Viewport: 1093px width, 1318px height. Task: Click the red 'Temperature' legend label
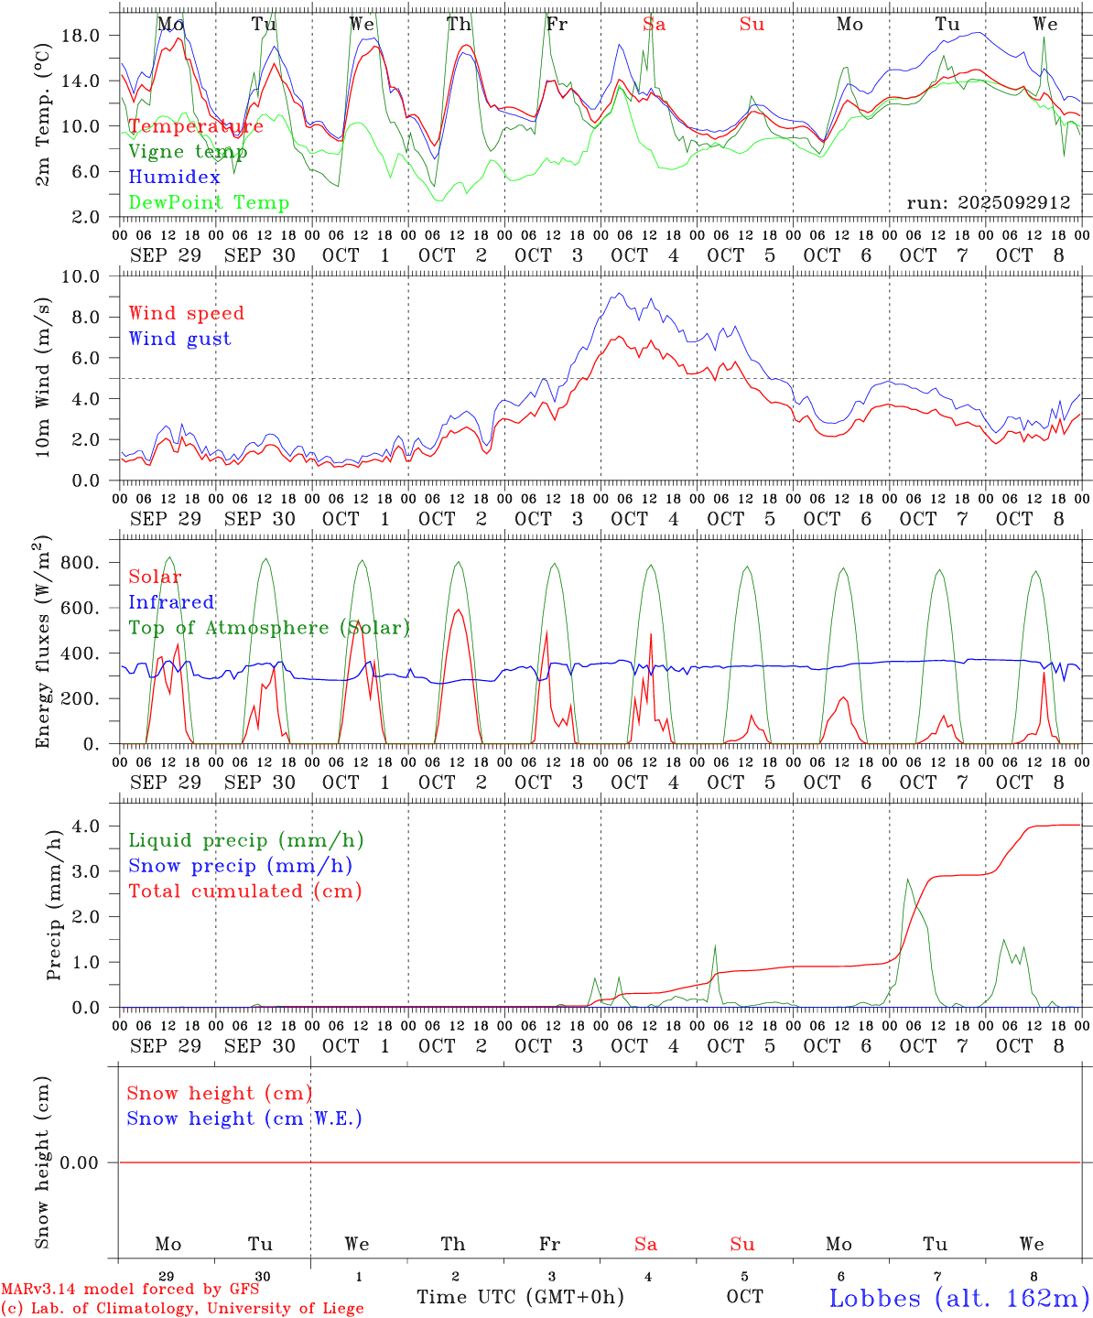pos(195,126)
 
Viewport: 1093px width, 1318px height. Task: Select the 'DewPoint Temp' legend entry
pos(209,203)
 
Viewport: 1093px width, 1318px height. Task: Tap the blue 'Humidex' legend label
pos(174,178)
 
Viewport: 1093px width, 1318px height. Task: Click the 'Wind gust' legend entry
pos(179,340)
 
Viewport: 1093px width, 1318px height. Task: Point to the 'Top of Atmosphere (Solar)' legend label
pos(268,628)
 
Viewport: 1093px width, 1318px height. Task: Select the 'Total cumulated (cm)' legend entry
pos(244,891)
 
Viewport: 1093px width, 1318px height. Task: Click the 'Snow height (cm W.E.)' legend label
pos(243,1118)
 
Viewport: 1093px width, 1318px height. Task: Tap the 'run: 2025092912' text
pos(988,203)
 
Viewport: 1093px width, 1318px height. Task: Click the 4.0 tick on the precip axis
pos(92,826)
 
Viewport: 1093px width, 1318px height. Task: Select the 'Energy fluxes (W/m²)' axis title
pos(42,643)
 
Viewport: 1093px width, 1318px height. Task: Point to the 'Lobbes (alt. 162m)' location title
pos(958,1298)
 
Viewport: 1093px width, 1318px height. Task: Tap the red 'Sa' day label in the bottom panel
pos(645,1244)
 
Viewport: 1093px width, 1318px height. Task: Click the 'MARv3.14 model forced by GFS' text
pos(129,1290)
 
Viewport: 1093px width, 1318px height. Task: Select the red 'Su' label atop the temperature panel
pos(752,25)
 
